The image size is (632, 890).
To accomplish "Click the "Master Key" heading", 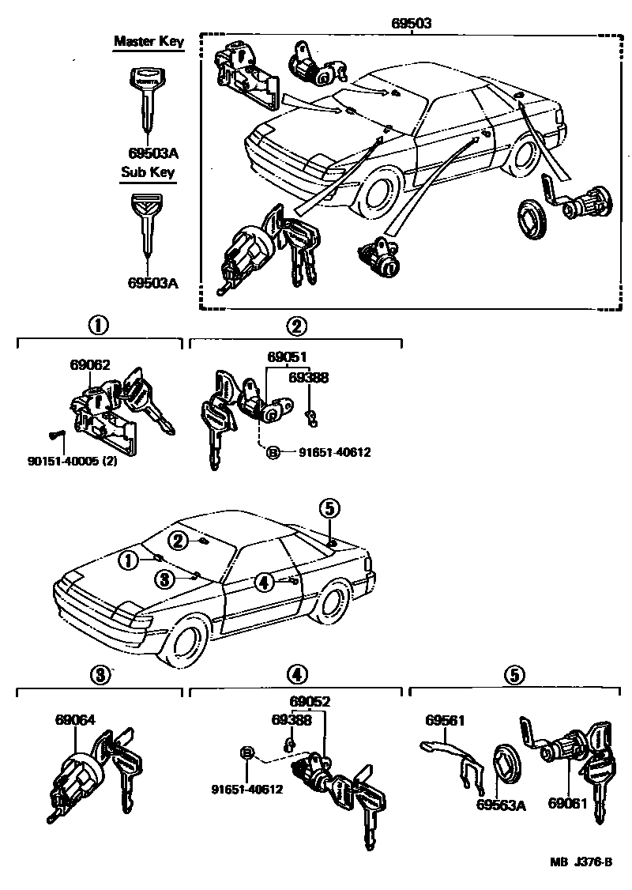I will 149,41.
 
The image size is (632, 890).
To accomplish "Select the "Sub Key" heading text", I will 148,172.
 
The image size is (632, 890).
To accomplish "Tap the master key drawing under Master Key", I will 148,99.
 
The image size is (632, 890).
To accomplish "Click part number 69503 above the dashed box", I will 411,23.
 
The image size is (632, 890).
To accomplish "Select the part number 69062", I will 89,364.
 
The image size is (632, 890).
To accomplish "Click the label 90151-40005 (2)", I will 72,460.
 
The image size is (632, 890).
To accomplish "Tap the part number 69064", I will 75,720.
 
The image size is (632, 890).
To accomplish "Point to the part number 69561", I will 445,720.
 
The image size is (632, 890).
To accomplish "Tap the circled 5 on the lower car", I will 330,508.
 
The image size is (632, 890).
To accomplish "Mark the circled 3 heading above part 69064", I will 97,674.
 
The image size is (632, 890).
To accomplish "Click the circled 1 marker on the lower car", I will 126,560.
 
